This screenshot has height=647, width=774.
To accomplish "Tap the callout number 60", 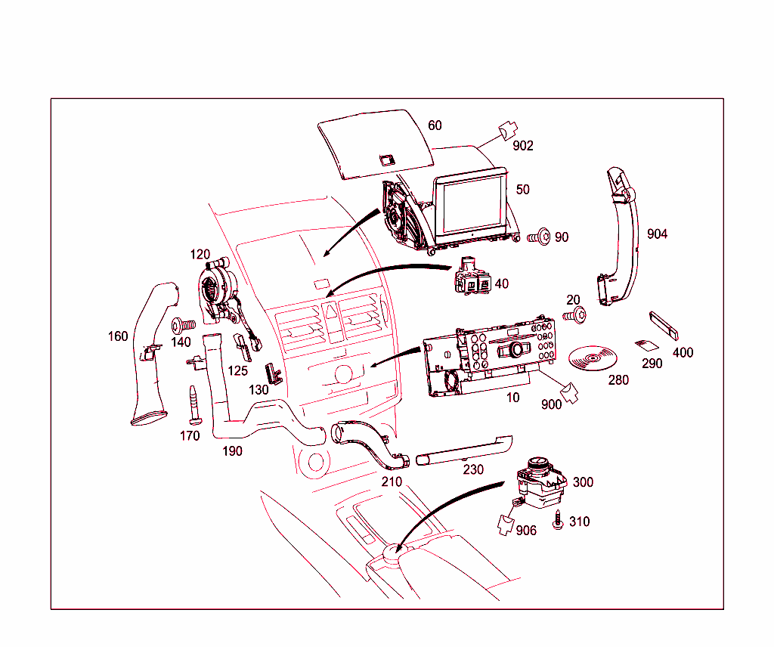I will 435,125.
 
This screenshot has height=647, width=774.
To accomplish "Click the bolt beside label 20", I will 575,316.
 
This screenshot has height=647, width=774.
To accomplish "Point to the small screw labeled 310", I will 559,522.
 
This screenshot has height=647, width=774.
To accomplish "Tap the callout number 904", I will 657,234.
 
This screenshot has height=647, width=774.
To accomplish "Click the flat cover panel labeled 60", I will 374,144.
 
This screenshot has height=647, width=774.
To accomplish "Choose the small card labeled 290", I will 646,345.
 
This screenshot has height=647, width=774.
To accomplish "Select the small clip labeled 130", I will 272,373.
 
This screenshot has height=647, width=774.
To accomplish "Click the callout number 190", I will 232,451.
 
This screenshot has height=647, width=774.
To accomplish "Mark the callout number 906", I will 526,531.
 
